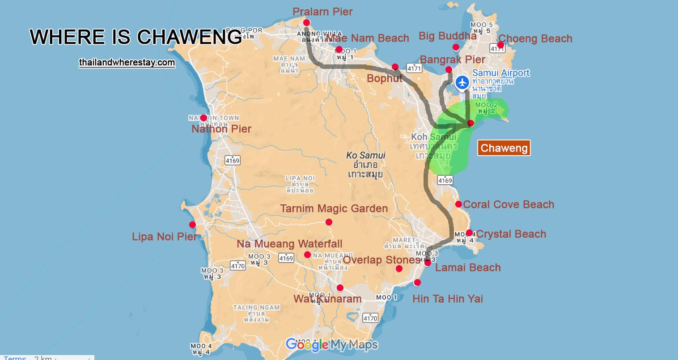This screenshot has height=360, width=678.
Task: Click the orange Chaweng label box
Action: [x=504, y=148]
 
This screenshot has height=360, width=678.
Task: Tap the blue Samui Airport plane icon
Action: [x=462, y=83]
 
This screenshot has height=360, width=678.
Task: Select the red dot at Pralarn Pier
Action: [x=306, y=22]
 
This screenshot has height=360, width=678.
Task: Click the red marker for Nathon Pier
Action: [x=203, y=118]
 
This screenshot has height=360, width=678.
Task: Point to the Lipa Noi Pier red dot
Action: [x=192, y=225]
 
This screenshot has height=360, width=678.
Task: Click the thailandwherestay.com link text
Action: [x=127, y=63]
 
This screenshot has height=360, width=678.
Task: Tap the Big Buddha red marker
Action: [x=456, y=47]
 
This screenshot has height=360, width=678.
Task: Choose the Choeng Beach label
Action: [x=535, y=38]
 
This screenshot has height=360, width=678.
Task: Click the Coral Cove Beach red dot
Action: [x=458, y=204]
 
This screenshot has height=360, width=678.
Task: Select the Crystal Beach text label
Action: [x=511, y=234]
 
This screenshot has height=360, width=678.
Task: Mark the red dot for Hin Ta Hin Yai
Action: [x=417, y=283]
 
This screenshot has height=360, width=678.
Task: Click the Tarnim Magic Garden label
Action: [x=334, y=208]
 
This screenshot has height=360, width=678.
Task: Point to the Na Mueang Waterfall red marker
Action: [x=307, y=255]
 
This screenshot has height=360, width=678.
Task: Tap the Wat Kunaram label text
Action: [x=327, y=299]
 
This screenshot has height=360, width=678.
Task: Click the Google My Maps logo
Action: [x=332, y=345]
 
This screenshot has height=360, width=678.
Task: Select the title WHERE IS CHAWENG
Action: [x=136, y=37]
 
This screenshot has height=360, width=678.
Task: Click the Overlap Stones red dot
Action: [x=399, y=269]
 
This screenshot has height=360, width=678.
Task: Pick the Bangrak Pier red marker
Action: [x=449, y=69]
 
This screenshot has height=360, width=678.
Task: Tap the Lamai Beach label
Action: [x=468, y=267]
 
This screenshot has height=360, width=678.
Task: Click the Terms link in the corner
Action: [x=15, y=357]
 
